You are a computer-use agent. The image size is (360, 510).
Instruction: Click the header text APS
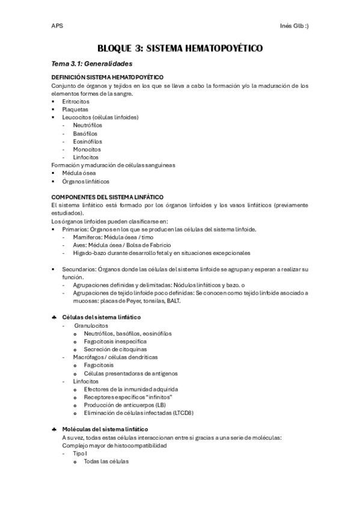(56, 26)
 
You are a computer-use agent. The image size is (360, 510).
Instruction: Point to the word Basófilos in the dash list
(87, 133)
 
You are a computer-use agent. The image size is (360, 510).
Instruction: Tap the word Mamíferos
(88, 237)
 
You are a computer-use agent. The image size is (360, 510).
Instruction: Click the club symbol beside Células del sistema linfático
(54, 317)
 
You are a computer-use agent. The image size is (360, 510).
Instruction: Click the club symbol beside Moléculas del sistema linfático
(54, 429)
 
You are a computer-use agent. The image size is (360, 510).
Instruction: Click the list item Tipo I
(80, 453)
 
